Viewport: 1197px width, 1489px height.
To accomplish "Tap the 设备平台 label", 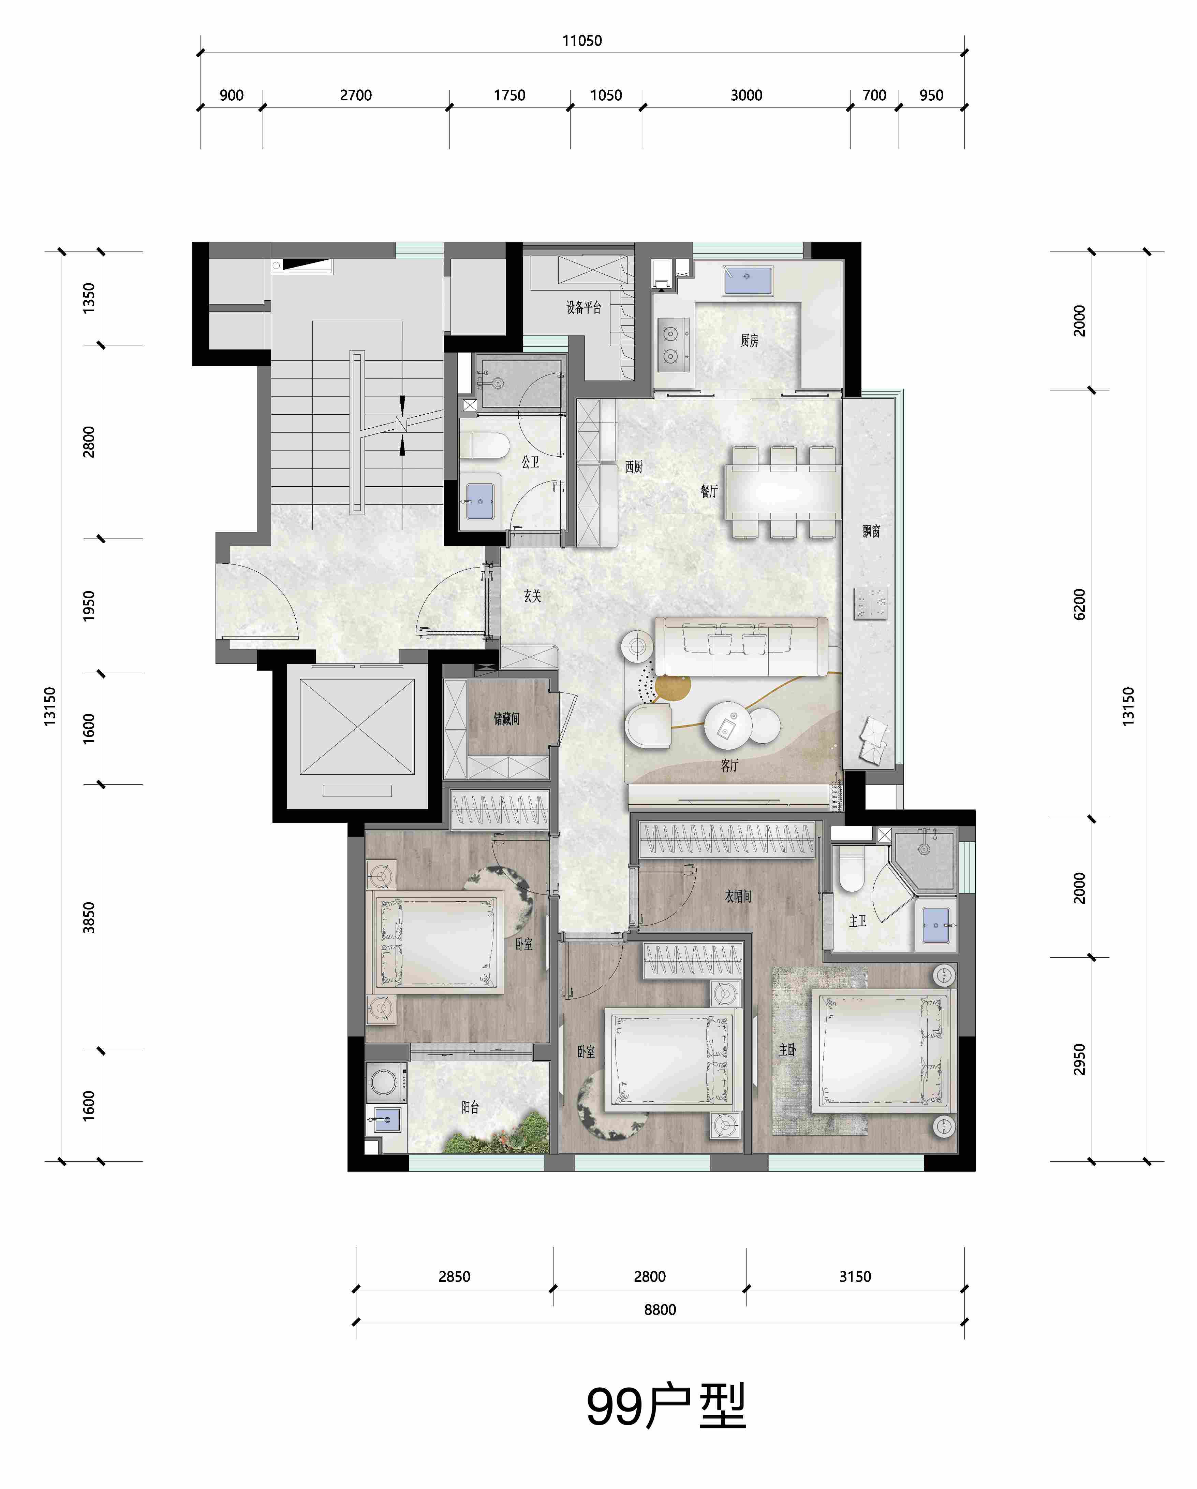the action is (x=583, y=307).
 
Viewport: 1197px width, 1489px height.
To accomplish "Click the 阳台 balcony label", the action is (x=470, y=1107).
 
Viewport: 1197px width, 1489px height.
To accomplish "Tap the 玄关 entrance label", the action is (x=532, y=595).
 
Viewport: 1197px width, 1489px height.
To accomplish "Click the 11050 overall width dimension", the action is (x=582, y=41).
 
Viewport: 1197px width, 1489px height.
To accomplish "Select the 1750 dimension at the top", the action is (x=509, y=95).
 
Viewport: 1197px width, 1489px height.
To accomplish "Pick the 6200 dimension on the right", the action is (x=1080, y=604).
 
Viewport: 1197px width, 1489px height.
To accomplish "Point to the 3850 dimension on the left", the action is (x=88, y=918).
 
